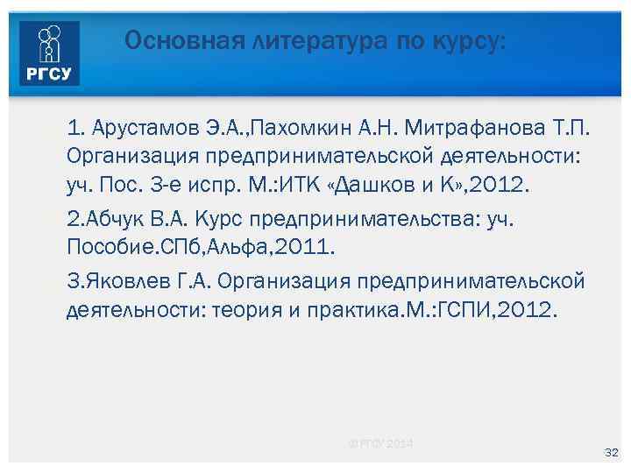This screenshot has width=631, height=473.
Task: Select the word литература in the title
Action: (289, 40)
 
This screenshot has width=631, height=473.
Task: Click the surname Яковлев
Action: (119, 281)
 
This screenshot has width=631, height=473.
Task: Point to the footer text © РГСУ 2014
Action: (380, 443)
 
